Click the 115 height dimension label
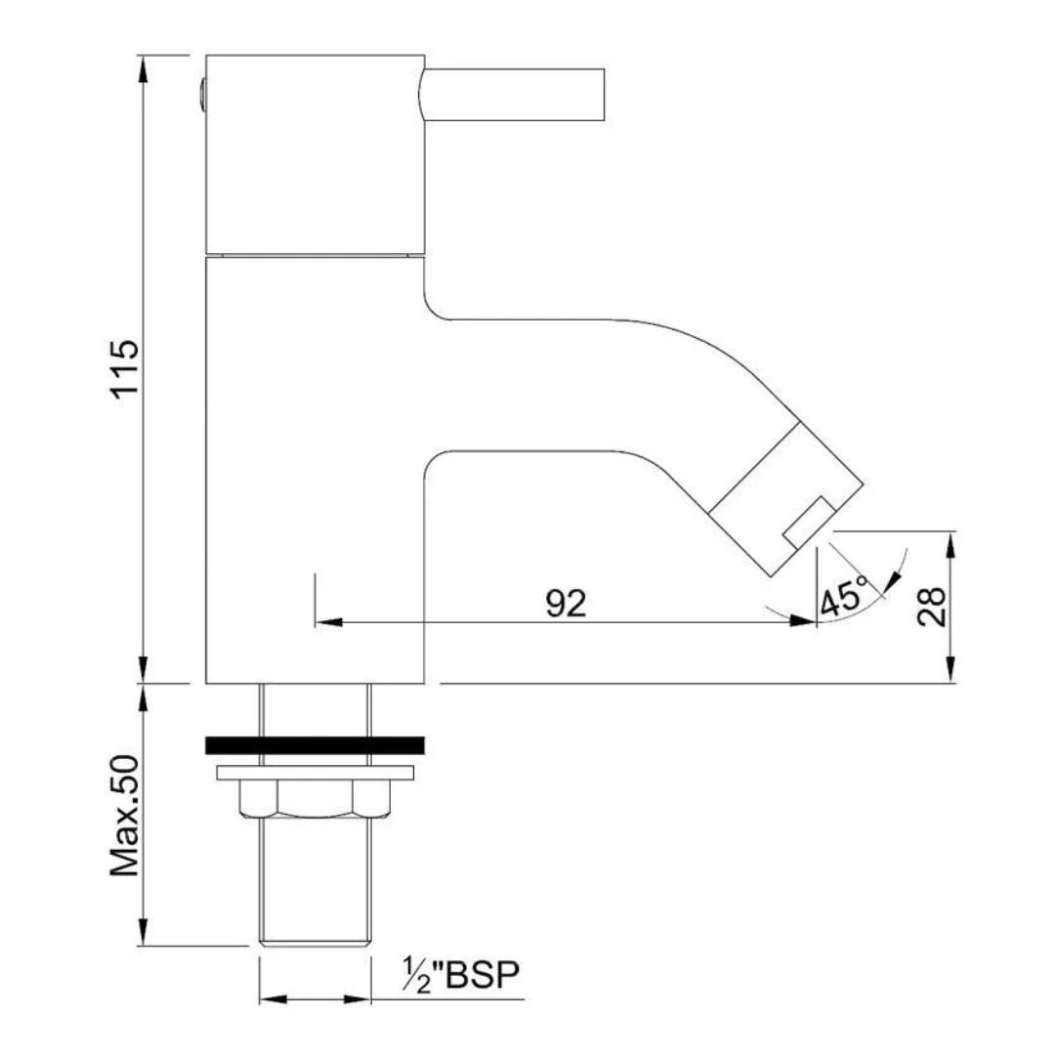pyautogui.click(x=126, y=369)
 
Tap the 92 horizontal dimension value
pyautogui.click(x=566, y=603)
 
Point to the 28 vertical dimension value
pyautogui.click(x=932, y=608)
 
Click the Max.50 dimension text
pyautogui.click(x=125, y=816)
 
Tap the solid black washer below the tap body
pyautogui.click(x=315, y=744)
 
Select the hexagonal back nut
pyautogui.click(x=315, y=799)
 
